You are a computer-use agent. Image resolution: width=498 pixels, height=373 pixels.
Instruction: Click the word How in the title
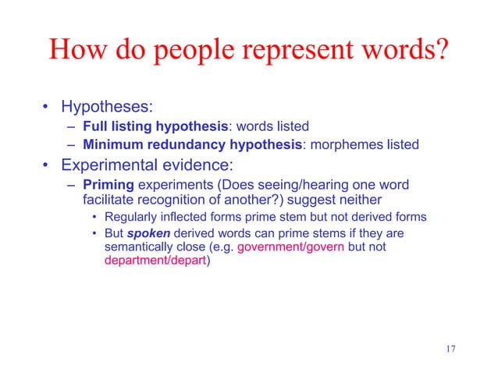point(76,52)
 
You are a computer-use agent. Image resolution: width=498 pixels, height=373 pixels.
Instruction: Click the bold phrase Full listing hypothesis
point(155,126)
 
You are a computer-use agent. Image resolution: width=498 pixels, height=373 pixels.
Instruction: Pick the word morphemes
point(354,144)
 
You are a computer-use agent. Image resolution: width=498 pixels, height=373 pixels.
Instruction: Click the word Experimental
point(112,166)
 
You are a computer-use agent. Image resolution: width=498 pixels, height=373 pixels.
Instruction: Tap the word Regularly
point(133,217)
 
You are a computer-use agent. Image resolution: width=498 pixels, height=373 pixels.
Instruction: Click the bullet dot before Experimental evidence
point(47,166)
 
